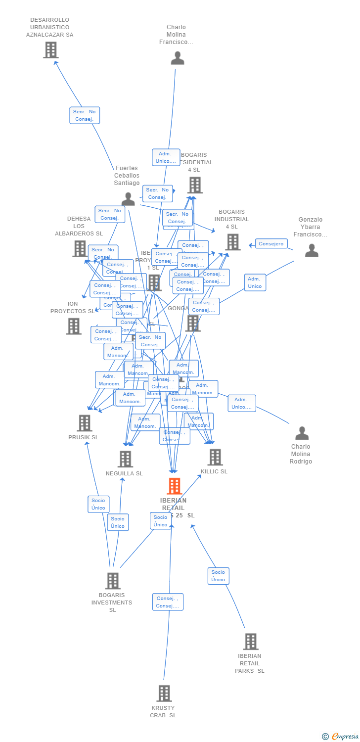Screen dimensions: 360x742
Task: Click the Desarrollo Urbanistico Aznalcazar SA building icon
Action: [x=50, y=50]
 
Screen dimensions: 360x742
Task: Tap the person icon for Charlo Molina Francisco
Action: [x=177, y=58]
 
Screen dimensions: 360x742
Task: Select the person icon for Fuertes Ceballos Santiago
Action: [x=128, y=199]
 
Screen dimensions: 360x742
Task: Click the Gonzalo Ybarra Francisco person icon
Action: [x=312, y=251]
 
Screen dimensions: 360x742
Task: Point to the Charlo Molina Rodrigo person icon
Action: [x=302, y=433]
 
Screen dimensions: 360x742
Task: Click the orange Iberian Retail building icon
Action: [x=174, y=486]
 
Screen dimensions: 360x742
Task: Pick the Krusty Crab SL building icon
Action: [x=164, y=694]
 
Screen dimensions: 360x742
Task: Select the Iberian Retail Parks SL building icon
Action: [x=250, y=642]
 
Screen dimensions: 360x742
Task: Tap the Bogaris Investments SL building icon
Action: [x=113, y=581]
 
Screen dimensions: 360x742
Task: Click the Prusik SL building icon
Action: [x=85, y=423]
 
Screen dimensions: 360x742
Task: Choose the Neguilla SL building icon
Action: [x=125, y=459]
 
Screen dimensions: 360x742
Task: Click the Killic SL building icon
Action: [x=215, y=457]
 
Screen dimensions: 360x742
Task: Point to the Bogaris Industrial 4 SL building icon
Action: [x=232, y=242]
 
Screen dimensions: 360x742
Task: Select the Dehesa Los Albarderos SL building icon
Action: [x=80, y=248]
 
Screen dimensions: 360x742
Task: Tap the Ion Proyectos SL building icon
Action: [x=74, y=326]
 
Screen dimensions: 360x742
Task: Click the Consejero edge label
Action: [x=271, y=243]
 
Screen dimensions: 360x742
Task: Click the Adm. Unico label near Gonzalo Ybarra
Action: [x=255, y=282]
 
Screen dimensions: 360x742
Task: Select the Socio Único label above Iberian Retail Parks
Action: [x=218, y=576]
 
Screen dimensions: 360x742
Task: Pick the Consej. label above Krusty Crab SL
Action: [x=168, y=602]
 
